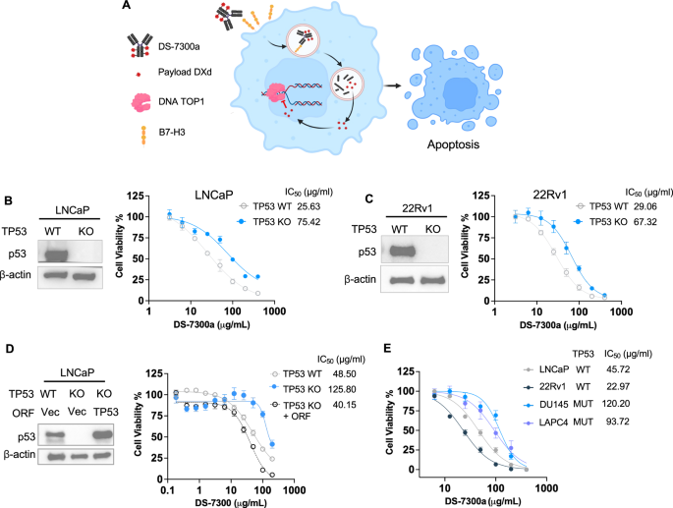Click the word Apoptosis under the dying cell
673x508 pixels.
(x=453, y=144)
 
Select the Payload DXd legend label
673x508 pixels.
(x=185, y=72)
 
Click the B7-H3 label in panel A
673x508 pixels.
(x=172, y=133)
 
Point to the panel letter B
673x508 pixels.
(x=8, y=200)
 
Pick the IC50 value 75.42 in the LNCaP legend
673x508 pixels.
(x=308, y=222)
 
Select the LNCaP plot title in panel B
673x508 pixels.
(x=214, y=195)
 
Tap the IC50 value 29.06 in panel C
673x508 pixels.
(x=645, y=206)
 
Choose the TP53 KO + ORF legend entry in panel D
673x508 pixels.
(x=303, y=410)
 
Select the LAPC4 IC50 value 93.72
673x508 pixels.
(x=617, y=422)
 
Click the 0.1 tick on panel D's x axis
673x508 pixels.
(x=167, y=490)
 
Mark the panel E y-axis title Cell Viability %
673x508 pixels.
(x=390, y=423)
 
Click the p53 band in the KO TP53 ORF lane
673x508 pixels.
(x=102, y=435)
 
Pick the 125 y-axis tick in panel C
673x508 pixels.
(x=480, y=196)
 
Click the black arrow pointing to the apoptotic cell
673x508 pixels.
(x=392, y=85)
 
